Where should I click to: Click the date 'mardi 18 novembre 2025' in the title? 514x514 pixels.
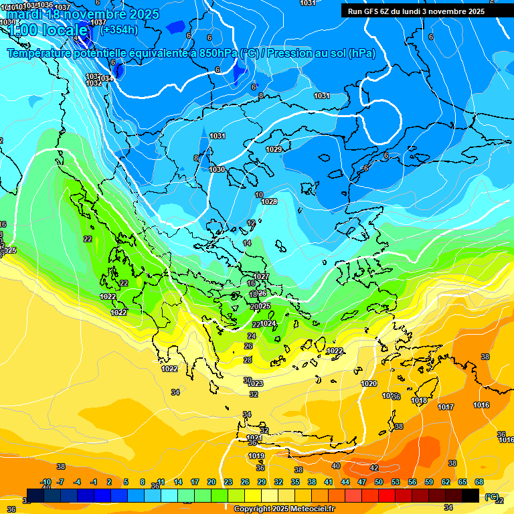click(83, 14)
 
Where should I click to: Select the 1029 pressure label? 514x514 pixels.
click(274, 149)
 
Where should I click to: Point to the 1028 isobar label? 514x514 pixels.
click(269, 201)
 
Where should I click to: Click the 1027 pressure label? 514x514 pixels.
click(261, 276)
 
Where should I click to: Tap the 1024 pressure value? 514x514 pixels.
click(268, 323)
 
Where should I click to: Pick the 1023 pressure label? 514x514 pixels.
click(255, 383)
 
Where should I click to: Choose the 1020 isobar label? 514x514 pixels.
click(369, 383)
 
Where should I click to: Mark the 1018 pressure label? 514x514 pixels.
click(419, 401)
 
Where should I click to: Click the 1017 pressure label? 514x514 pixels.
click(446, 407)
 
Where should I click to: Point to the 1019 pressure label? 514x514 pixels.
click(256, 456)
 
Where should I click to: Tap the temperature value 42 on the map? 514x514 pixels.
click(374, 468)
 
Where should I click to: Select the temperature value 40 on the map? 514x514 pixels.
click(336, 466)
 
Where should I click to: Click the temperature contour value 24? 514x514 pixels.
click(252, 336)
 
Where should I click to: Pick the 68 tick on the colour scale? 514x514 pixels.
click(479, 482)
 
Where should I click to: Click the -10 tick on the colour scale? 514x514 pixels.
click(46, 482)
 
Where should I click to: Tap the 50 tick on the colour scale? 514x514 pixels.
click(379, 482)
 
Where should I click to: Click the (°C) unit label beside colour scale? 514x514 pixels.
click(492, 497)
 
